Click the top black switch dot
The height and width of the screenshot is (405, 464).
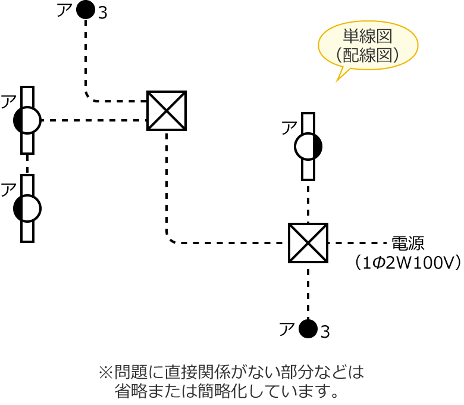[86, 10]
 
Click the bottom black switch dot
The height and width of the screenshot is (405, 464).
[308, 329]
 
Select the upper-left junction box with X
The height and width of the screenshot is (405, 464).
[167, 111]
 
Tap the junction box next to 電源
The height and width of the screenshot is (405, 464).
[308, 243]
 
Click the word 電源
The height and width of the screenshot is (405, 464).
[407, 244]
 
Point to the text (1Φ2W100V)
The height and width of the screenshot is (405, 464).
[408, 262]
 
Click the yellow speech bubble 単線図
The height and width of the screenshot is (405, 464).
[368, 45]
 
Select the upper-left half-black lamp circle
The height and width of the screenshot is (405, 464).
[27, 120]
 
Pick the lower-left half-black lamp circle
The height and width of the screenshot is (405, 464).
[27, 208]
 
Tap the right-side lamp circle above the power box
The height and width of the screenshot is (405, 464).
[308, 147]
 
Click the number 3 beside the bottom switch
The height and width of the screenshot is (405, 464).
[325, 332]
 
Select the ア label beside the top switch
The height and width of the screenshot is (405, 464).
[64, 10]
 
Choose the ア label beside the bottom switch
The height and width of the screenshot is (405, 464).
[287, 329]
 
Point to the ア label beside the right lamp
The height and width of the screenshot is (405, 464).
[289, 128]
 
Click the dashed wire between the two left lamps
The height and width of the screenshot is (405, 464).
[27, 164]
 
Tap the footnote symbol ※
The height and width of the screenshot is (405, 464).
[105, 373]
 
